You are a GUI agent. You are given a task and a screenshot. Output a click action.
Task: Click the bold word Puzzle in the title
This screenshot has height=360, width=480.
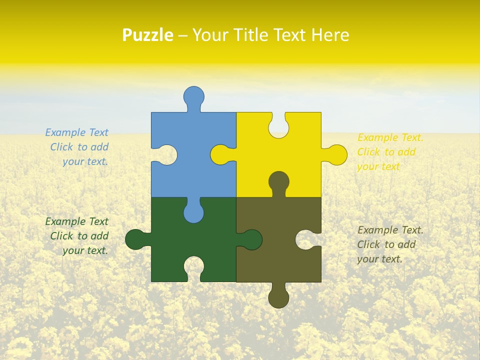148,35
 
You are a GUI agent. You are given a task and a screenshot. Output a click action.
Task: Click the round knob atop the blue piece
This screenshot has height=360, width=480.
194,96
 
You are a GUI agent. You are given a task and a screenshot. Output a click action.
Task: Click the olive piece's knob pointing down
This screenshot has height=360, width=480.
279,298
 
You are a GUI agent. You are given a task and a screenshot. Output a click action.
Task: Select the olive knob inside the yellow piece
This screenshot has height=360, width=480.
279,181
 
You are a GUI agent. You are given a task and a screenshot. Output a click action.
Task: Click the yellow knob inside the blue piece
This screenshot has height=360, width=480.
220,154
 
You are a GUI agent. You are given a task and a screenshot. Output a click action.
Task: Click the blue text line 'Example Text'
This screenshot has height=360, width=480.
76,132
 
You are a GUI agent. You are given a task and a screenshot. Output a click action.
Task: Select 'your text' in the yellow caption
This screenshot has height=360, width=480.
378,166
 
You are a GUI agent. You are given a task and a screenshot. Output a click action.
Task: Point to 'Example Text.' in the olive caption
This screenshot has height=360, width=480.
390,230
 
